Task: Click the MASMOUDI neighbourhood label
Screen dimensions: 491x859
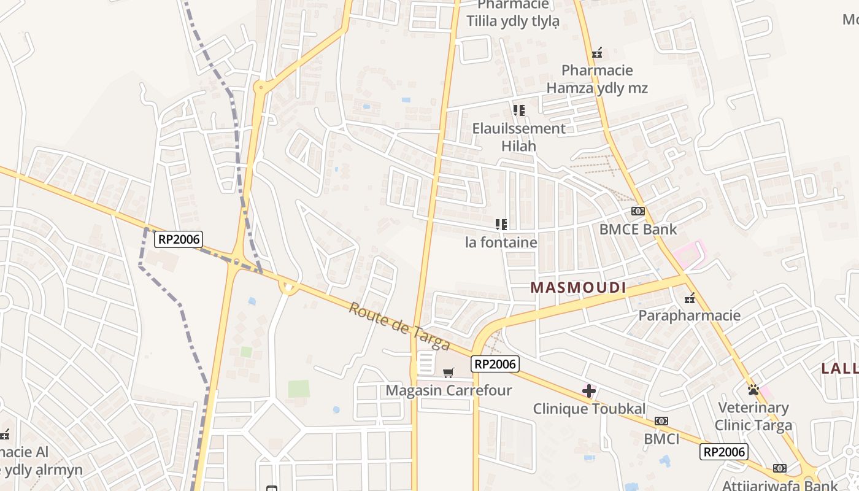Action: pyautogui.click(x=578, y=287)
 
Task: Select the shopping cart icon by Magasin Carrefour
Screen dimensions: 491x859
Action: pyautogui.click(x=449, y=373)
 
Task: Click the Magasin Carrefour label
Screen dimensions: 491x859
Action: pyautogui.click(x=449, y=390)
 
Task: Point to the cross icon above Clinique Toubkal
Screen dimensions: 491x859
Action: pyautogui.click(x=589, y=390)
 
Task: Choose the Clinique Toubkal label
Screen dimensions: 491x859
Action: pyautogui.click(x=589, y=409)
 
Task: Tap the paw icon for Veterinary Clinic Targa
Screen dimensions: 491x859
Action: pyautogui.click(x=753, y=389)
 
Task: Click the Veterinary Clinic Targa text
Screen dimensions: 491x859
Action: pyautogui.click(x=753, y=416)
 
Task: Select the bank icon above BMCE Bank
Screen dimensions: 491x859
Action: pyautogui.click(x=638, y=211)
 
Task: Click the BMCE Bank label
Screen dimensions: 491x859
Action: pyautogui.click(x=638, y=230)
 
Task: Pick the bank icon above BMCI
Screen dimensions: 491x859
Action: pyautogui.click(x=661, y=421)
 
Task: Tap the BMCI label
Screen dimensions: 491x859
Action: pyautogui.click(x=661, y=439)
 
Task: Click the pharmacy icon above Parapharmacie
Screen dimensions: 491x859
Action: pyautogui.click(x=690, y=298)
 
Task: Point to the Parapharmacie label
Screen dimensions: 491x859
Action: pyautogui.click(x=690, y=315)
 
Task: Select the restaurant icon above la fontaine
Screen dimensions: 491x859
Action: pyautogui.click(x=501, y=225)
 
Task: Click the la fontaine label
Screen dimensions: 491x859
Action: pyautogui.click(x=501, y=242)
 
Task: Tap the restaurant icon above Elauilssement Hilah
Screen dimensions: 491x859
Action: pyautogui.click(x=519, y=110)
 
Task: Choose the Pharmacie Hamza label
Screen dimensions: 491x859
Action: pyautogui.click(x=597, y=79)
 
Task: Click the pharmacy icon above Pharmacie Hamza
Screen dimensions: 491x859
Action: pyautogui.click(x=597, y=53)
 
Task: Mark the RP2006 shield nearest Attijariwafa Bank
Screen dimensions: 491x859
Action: pyautogui.click(x=724, y=452)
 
